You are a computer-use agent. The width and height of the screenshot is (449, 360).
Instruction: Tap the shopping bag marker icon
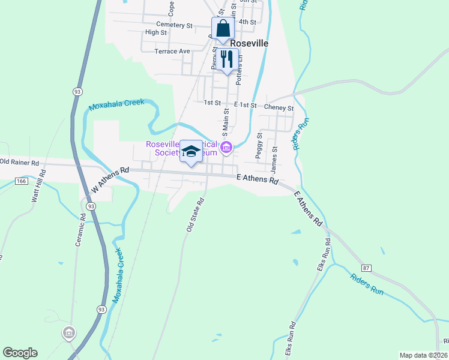tap(222, 29)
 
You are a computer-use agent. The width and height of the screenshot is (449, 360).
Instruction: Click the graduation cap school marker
tap(191, 152)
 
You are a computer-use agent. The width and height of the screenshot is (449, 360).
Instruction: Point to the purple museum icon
tap(226, 148)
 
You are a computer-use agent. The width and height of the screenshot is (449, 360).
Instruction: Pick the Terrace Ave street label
tap(172, 52)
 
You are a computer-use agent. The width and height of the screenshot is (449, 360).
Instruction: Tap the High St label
tap(155, 32)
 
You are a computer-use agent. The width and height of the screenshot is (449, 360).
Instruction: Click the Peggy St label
tap(259, 145)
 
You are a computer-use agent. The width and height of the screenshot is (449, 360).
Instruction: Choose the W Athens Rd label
tap(110, 179)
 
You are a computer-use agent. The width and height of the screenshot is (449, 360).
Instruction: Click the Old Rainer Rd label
tap(19, 162)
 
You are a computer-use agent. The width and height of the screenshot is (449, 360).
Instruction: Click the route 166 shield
tap(22, 180)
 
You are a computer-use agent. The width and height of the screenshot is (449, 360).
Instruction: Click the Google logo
tap(20, 353)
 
